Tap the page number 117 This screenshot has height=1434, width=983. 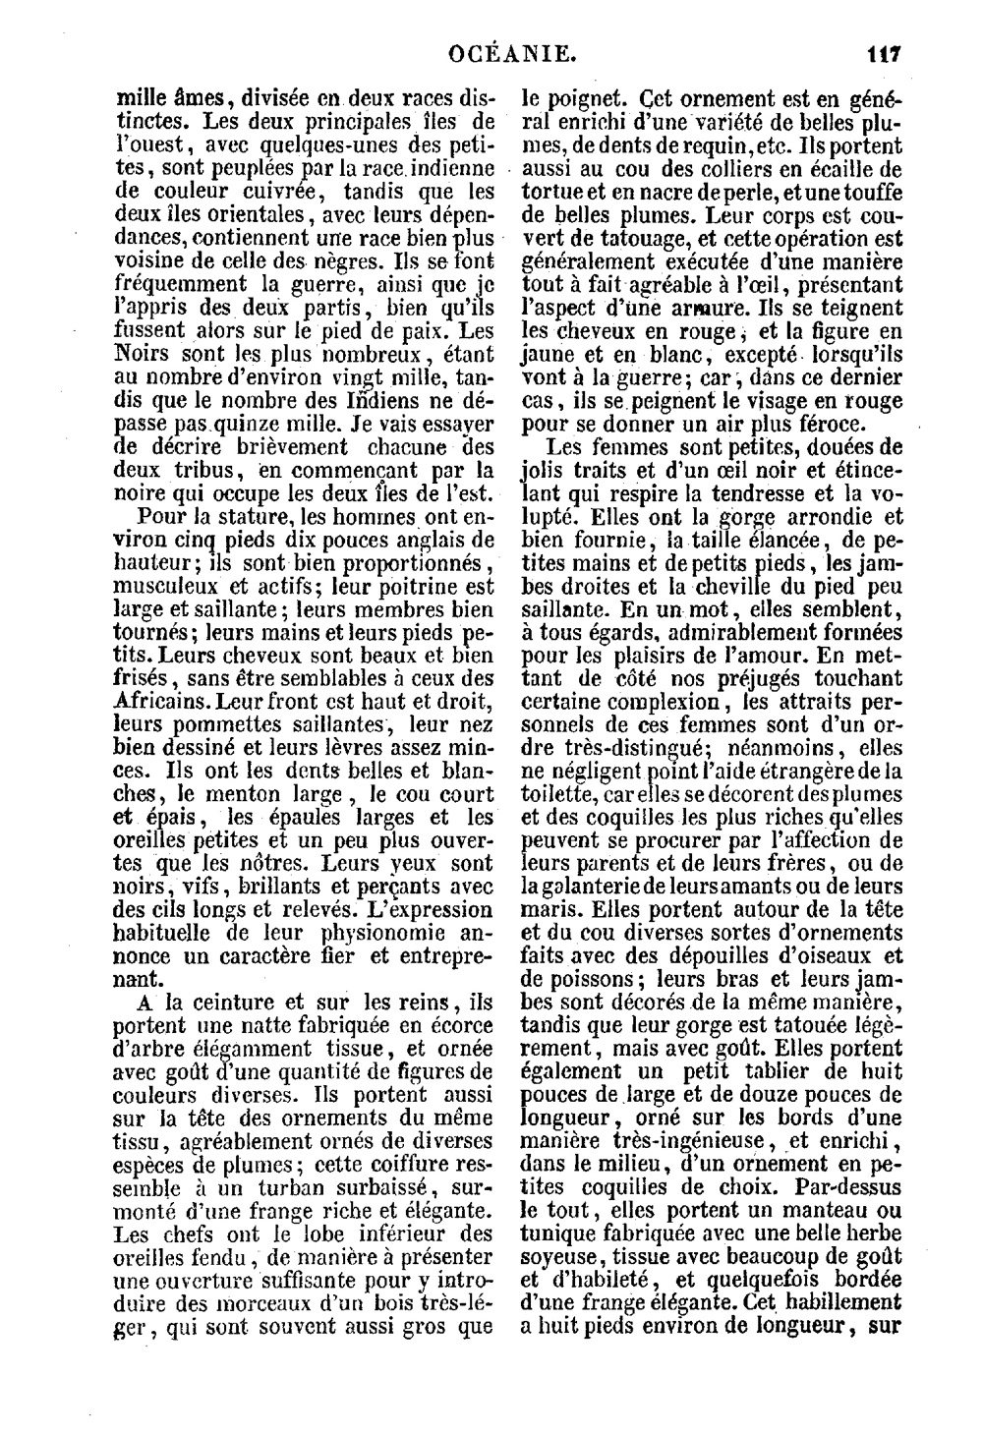[884, 52]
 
